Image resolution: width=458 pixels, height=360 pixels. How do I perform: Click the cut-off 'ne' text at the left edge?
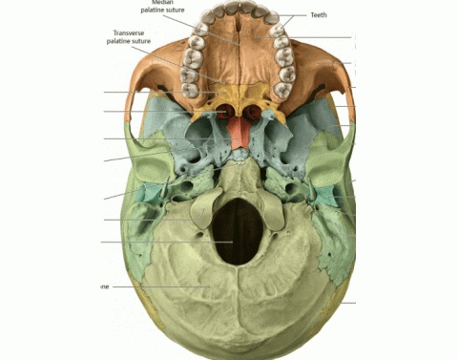(103, 286)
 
